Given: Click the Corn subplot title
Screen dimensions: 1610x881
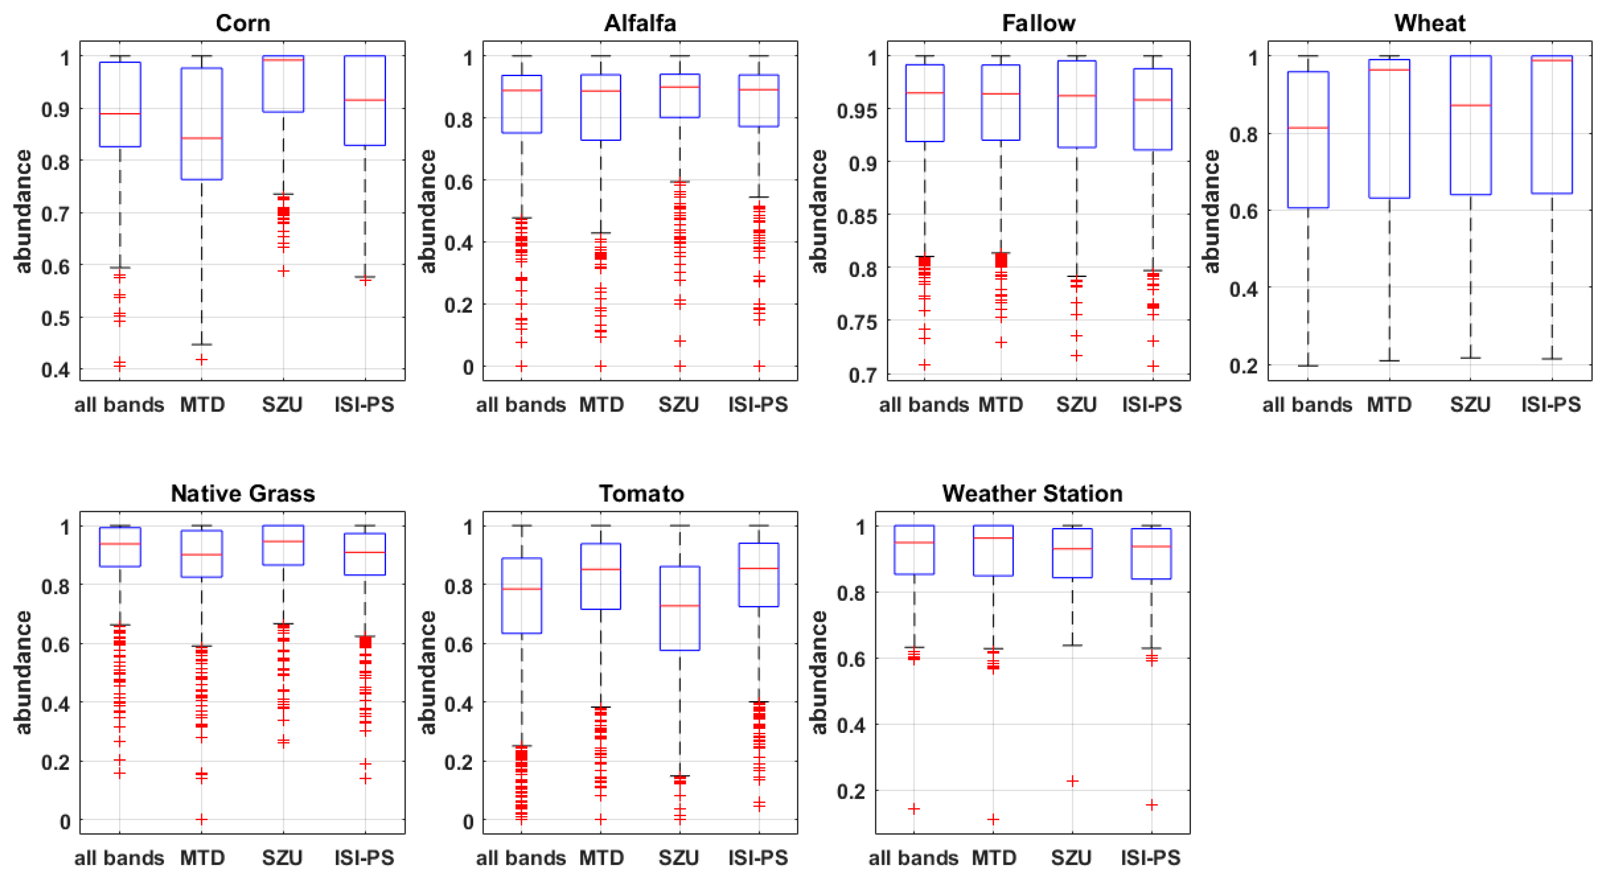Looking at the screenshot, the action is pyautogui.click(x=243, y=23).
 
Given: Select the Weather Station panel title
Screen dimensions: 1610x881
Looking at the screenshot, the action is pyautogui.click(x=1032, y=494).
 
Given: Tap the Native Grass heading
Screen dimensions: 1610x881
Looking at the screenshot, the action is pyautogui.click(x=243, y=494).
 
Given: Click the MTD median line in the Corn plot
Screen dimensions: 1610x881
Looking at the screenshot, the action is pyautogui.click(x=201, y=138).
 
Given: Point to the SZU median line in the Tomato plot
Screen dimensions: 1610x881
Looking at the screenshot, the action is pyautogui.click(x=680, y=605).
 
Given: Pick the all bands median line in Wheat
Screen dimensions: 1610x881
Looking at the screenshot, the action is pyautogui.click(x=1308, y=128).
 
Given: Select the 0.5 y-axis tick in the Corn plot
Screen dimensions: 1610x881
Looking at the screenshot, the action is pyautogui.click(x=55, y=318).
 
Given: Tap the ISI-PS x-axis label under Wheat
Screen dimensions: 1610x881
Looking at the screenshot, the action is pyautogui.click(x=1550, y=405).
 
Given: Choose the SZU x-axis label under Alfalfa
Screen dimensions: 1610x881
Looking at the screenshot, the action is pyautogui.click(x=679, y=405).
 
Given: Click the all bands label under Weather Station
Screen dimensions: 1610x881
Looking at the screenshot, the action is pyautogui.click(x=913, y=858).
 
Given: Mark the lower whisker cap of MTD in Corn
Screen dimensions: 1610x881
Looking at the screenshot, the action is pyautogui.click(x=201, y=344).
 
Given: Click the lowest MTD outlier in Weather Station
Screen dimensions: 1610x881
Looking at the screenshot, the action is pyautogui.click(x=993, y=819).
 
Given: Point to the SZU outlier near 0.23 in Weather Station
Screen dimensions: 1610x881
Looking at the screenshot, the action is pyautogui.click(x=1072, y=780).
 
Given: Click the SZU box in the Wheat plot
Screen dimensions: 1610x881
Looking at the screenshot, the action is pyautogui.click(x=1471, y=125).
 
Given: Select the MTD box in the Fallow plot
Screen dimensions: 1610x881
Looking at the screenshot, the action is pyautogui.click(x=1001, y=102).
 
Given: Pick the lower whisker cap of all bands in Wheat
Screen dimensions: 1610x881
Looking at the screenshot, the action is pyautogui.click(x=1308, y=366).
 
